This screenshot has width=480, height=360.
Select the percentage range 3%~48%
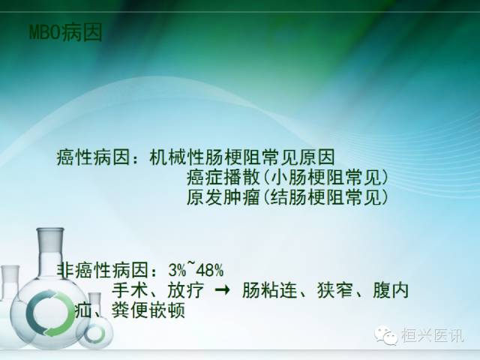(x=196, y=270)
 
